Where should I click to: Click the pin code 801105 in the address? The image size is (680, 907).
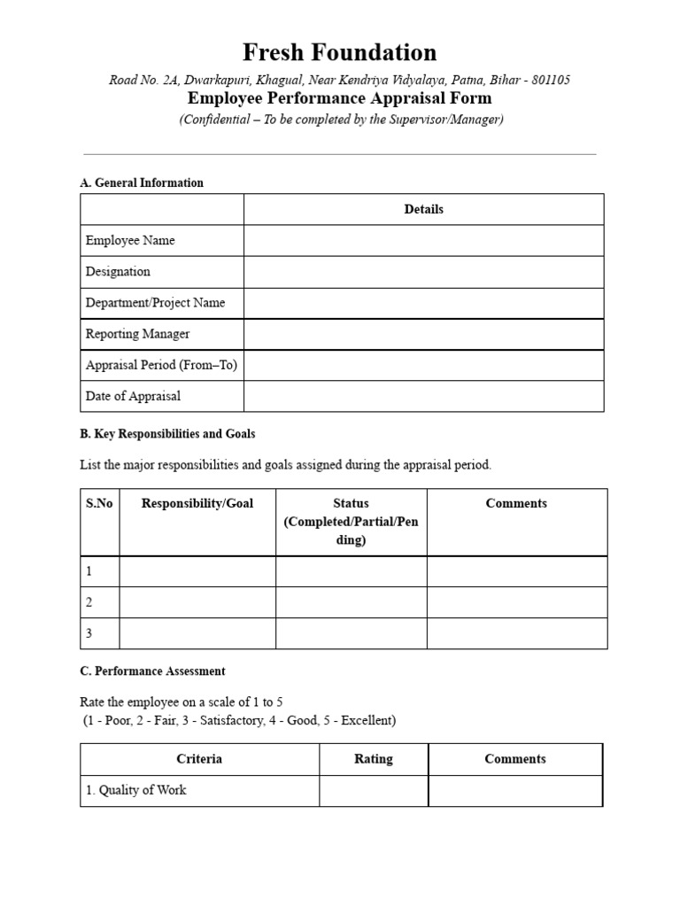(x=550, y=80)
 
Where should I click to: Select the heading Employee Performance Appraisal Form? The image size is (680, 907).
(x=339, y=98)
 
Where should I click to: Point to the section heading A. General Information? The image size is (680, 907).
(x=142, y=182)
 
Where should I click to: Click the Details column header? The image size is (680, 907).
(x=423, y=209)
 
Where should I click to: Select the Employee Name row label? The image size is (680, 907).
(x=130, y=240)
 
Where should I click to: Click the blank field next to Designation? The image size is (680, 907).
(x=423, y=272)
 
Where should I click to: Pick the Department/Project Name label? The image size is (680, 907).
(x=155, y=302)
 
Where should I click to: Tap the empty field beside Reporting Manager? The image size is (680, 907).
(x=423, y=334)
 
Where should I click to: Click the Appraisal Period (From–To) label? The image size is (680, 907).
(x=161, y=365)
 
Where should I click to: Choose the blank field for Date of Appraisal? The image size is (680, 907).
(x=423, y=396)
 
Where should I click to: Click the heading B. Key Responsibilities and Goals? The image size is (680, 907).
(x=167, y=434)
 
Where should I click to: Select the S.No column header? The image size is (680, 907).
(x=99, y=503)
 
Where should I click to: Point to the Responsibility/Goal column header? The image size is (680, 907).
(x=197, y=503)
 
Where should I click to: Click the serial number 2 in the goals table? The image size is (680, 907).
(x=89, y=602)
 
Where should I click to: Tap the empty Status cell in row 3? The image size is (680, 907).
(x=351, y=633)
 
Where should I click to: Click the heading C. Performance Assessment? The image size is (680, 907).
(x=152, y=671)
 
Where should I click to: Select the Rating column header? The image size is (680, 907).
(x=373, y=759)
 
